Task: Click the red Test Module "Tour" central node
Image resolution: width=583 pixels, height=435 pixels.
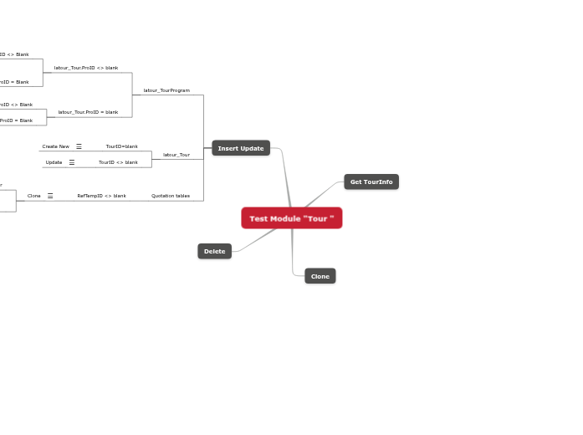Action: coord(291,218)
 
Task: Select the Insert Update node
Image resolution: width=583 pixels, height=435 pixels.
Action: coord(241,148)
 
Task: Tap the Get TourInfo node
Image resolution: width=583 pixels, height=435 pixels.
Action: coord(371,182)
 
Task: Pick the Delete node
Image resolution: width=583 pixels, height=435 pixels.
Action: coord(214,251)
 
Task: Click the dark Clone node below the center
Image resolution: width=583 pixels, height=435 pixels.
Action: coord(320,276)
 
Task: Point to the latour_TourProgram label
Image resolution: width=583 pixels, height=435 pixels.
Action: coord(166,90)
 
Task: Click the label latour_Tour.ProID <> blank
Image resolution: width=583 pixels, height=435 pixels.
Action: coord(86,68)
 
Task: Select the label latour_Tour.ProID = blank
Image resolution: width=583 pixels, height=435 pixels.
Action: coord(88,112)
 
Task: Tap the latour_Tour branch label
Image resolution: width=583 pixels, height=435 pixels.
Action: coord(176,155)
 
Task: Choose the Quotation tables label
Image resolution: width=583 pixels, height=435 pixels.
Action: coord(171,196)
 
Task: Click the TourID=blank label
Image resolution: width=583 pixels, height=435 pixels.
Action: coord(121,146)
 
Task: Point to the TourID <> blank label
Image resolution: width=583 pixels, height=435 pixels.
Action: coord(118,162)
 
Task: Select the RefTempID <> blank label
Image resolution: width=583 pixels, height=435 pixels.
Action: coord(101,196)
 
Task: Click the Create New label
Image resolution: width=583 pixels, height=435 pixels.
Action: coord(56,146)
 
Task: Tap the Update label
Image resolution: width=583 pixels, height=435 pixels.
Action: coord(54,162)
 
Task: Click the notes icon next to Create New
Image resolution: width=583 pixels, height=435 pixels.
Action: coord(79,146)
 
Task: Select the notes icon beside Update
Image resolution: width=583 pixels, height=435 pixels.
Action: coord(71,162)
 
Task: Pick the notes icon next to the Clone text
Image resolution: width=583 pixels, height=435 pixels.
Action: coord(50,196)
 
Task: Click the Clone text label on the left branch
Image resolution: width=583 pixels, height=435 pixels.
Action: coord(34,196)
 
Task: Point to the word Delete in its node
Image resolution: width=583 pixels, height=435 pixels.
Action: coord(214,251)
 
